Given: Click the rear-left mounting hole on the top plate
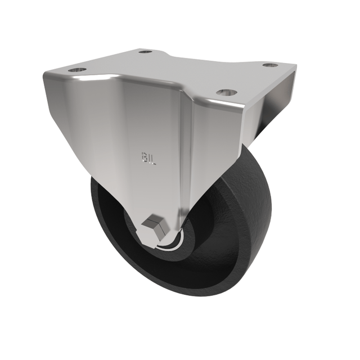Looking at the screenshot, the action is pos(146,52).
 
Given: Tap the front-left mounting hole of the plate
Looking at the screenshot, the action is pos(77,70).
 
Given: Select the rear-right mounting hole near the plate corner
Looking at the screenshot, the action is pos(271,65).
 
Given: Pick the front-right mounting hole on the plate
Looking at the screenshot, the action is pos(226,92).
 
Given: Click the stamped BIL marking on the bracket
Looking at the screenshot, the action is pos(148,159).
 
